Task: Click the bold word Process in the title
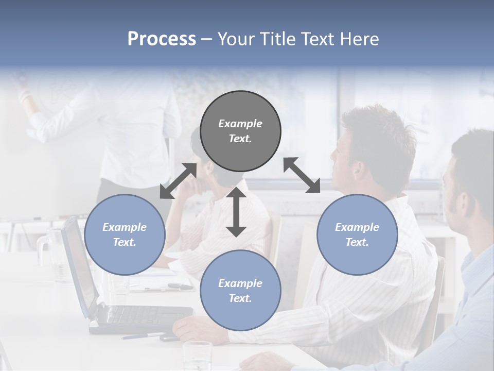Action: pyautogui.click(x=162, y=39)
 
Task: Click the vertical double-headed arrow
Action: pyautogui.click(x=236, y=212)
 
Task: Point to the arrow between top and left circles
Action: pyautogui.click(x=179, y=181)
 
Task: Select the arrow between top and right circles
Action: pyautogui.click(x=302, y=175)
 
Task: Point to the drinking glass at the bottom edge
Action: pyautogui.click(x=198, y=356)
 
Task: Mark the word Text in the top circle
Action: pyautogui.click(x=240, y=139)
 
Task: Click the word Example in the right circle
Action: pyautogui.click(x=357, y=227)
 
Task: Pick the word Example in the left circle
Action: pyautogui.click(x=125, y=227)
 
